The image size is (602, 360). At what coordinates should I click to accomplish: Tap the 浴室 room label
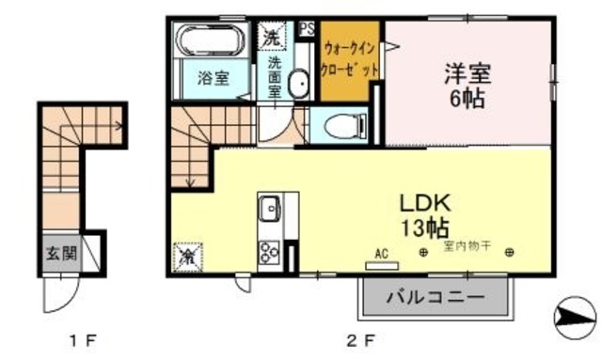pos(213,79)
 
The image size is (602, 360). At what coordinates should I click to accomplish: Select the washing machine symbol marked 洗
pos(271,39)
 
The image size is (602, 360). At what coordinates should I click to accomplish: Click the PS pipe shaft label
pos(307,28)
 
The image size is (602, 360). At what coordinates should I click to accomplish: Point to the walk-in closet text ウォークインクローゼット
pos(350,58)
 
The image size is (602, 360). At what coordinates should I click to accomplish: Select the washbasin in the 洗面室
pos(298,85)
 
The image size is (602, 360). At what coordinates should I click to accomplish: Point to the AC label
pos(382,251)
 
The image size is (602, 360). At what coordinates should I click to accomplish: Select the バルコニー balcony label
pos(436,298)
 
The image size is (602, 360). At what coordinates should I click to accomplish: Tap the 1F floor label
pos(83,338)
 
